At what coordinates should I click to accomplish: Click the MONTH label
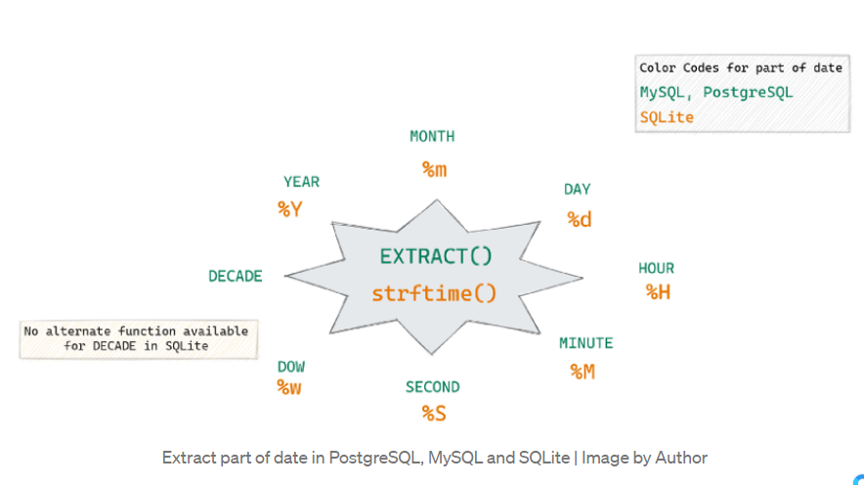(432, 136)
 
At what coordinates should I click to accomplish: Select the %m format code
(434, 169)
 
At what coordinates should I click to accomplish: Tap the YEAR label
(301, 182)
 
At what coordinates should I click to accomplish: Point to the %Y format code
(290, 209)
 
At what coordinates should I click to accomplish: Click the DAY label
(577, 190)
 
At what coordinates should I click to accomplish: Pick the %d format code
(580, 219)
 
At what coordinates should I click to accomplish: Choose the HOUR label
(656, 268)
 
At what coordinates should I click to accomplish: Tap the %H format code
(658, 292)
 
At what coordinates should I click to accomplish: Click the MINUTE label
(585, 343)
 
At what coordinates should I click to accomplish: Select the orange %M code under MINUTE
(583, 372)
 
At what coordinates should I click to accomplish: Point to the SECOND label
(433, 387)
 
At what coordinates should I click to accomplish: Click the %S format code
(434, 413)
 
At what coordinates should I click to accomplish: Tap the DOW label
(291, 367)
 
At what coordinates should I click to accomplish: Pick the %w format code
(288, 388)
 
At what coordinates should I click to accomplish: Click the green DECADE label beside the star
(236, 276)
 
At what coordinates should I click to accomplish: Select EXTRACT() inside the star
(436, 256)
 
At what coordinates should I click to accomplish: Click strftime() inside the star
(434, 293)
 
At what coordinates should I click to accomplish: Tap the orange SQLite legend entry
(667, 117)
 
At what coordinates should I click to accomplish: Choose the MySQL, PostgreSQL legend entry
(715, 93)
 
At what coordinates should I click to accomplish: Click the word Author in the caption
(680, 458)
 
